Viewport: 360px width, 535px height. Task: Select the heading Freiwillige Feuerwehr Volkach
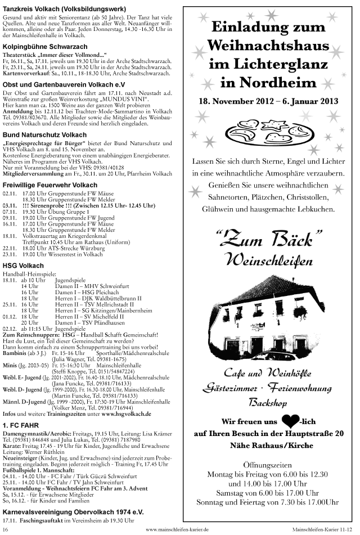point(50,185)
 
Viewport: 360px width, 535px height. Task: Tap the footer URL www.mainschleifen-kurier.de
point(177,529)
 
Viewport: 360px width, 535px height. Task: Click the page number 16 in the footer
point(6,529)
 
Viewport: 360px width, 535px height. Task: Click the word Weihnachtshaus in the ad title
point(268,44)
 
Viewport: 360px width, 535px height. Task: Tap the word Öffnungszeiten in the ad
point(268,465)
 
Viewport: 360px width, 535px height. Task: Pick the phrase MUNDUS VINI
point(122,98)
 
